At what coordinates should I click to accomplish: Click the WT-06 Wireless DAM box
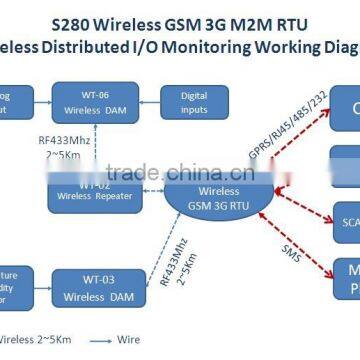pyautogui.click(x=81, y=102)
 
